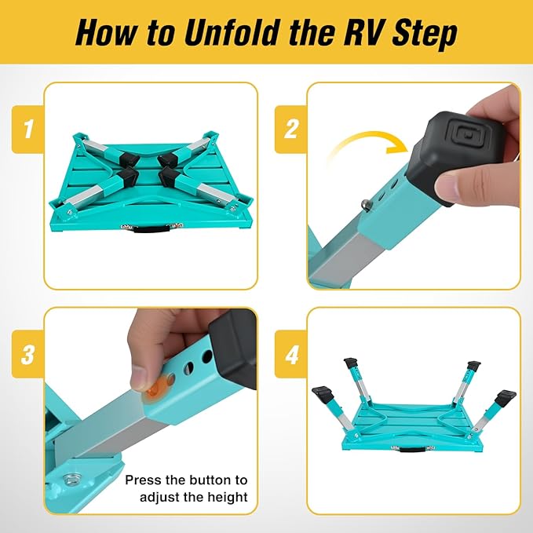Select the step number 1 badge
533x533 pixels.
(28, 129)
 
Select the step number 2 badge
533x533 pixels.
(291, 129)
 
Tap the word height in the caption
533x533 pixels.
(230, 496)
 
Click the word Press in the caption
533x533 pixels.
(142, 480)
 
